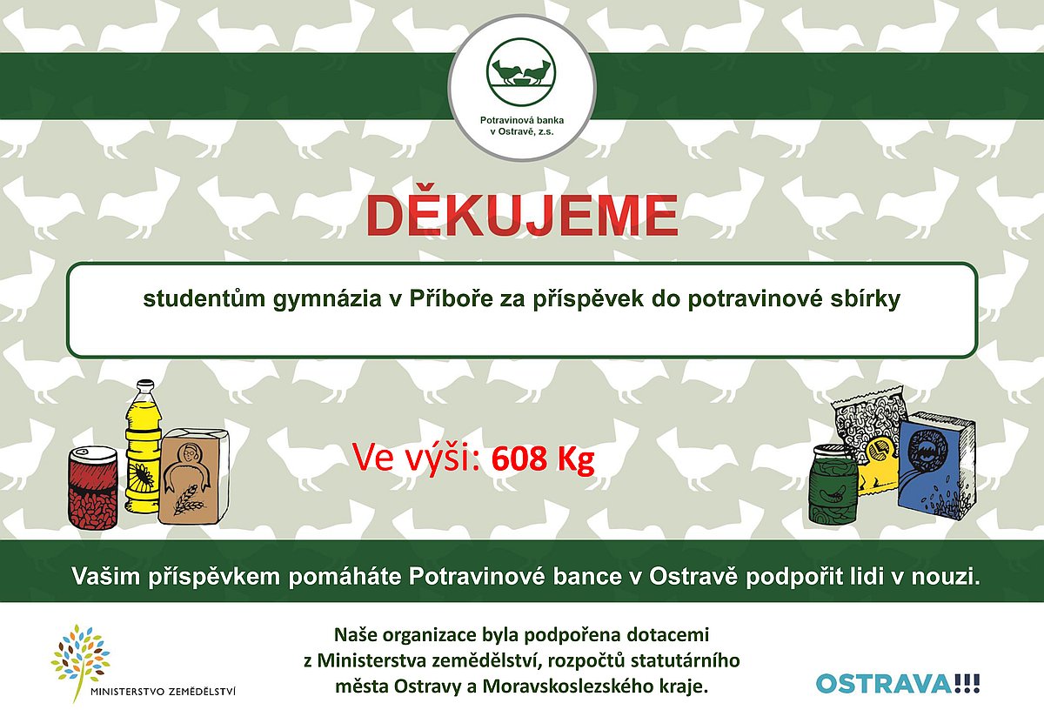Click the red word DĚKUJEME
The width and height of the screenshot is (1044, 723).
521,216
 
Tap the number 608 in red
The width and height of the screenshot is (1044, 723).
519,459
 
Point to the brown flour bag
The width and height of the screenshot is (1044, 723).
193,475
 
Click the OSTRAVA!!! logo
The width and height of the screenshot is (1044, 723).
898,684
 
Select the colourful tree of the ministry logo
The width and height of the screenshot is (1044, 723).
80,659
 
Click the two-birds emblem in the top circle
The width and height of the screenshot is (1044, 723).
521,72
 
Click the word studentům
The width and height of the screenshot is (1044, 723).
204,299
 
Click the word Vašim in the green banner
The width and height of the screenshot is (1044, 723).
106,576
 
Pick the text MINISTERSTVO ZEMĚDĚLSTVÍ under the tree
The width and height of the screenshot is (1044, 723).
164,692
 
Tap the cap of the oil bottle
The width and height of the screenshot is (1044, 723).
145,385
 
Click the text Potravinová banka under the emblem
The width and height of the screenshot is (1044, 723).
522,120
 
